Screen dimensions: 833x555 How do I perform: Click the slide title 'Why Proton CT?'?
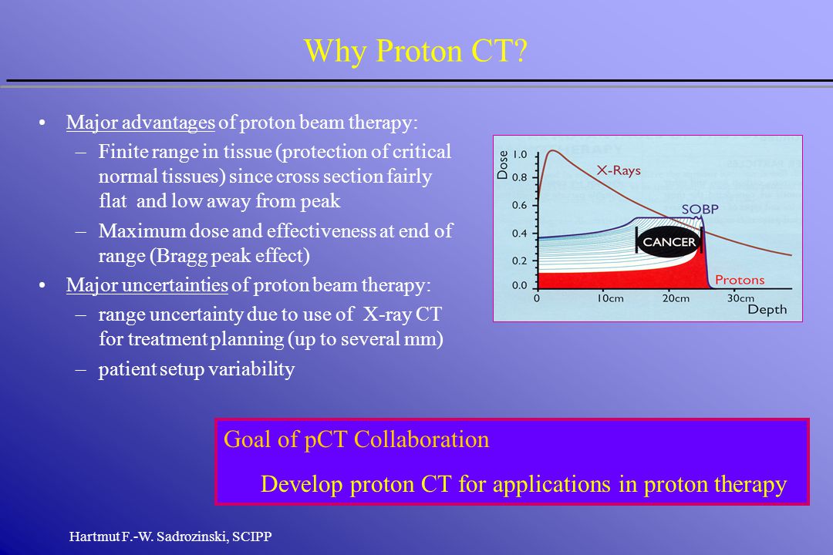(x=416, y=52)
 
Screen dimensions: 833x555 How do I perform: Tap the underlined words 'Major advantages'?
(x=140, y=123)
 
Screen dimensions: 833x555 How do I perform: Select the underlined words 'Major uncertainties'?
(x=147, y=285)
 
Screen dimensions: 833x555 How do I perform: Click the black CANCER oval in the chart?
(x=669, y=242)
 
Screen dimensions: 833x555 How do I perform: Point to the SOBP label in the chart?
(x=700, y=209)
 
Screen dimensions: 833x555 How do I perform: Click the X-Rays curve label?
(x=619, y=170)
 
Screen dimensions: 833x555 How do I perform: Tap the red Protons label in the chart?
(x=740, y=280)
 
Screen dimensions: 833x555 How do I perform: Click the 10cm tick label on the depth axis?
(x=610, y=298)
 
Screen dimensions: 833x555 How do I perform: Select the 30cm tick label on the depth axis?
(x=740, y=298)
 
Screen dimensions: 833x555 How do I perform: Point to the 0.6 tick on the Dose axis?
(x=520, y=205)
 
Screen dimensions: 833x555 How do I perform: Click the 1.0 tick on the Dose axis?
(x=520, y=154)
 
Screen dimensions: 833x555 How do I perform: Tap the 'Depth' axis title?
(x=767, y=310)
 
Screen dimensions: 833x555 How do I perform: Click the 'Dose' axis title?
(x=503, y=165)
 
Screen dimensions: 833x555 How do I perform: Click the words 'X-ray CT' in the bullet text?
(x=402, y=314)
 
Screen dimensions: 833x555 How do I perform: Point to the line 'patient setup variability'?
(x=197, y=369)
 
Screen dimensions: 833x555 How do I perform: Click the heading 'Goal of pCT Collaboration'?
(x=356, y=439)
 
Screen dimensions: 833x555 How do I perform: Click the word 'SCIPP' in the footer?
(x=251, y=536)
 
